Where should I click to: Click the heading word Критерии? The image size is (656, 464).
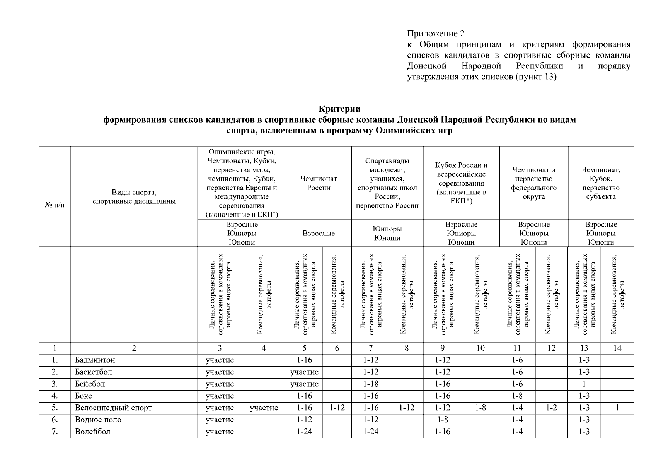coord(339,109)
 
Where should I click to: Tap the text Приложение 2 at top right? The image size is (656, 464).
coord(436,34)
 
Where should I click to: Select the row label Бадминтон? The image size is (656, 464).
coord(95,360)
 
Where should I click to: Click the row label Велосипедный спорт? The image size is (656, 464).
coord(113,408)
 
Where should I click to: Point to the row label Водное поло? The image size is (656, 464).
coord(98,420)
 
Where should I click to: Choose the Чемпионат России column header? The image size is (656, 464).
coord(319,183)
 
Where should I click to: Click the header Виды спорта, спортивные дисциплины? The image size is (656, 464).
coord(134,197)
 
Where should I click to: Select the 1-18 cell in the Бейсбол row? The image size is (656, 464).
coord(371,384)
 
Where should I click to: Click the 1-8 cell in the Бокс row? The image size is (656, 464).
coord(517,396)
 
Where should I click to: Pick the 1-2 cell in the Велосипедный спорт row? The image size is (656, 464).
coord(551,408)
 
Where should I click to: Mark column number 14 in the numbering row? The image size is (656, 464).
coord(617,348)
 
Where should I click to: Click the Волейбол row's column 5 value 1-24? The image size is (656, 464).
coord(304,432)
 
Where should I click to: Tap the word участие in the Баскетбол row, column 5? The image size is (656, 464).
coord(304,372)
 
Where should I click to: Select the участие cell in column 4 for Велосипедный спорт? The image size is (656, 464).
coord(264,408)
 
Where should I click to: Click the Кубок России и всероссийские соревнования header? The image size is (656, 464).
coord(461,183)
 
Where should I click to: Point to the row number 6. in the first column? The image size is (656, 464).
coord(55,420)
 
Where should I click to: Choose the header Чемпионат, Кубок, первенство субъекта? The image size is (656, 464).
coord(601,183)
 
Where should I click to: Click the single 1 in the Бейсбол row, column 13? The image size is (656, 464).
coord(584,384)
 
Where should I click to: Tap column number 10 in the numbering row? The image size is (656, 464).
coord(480,348)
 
